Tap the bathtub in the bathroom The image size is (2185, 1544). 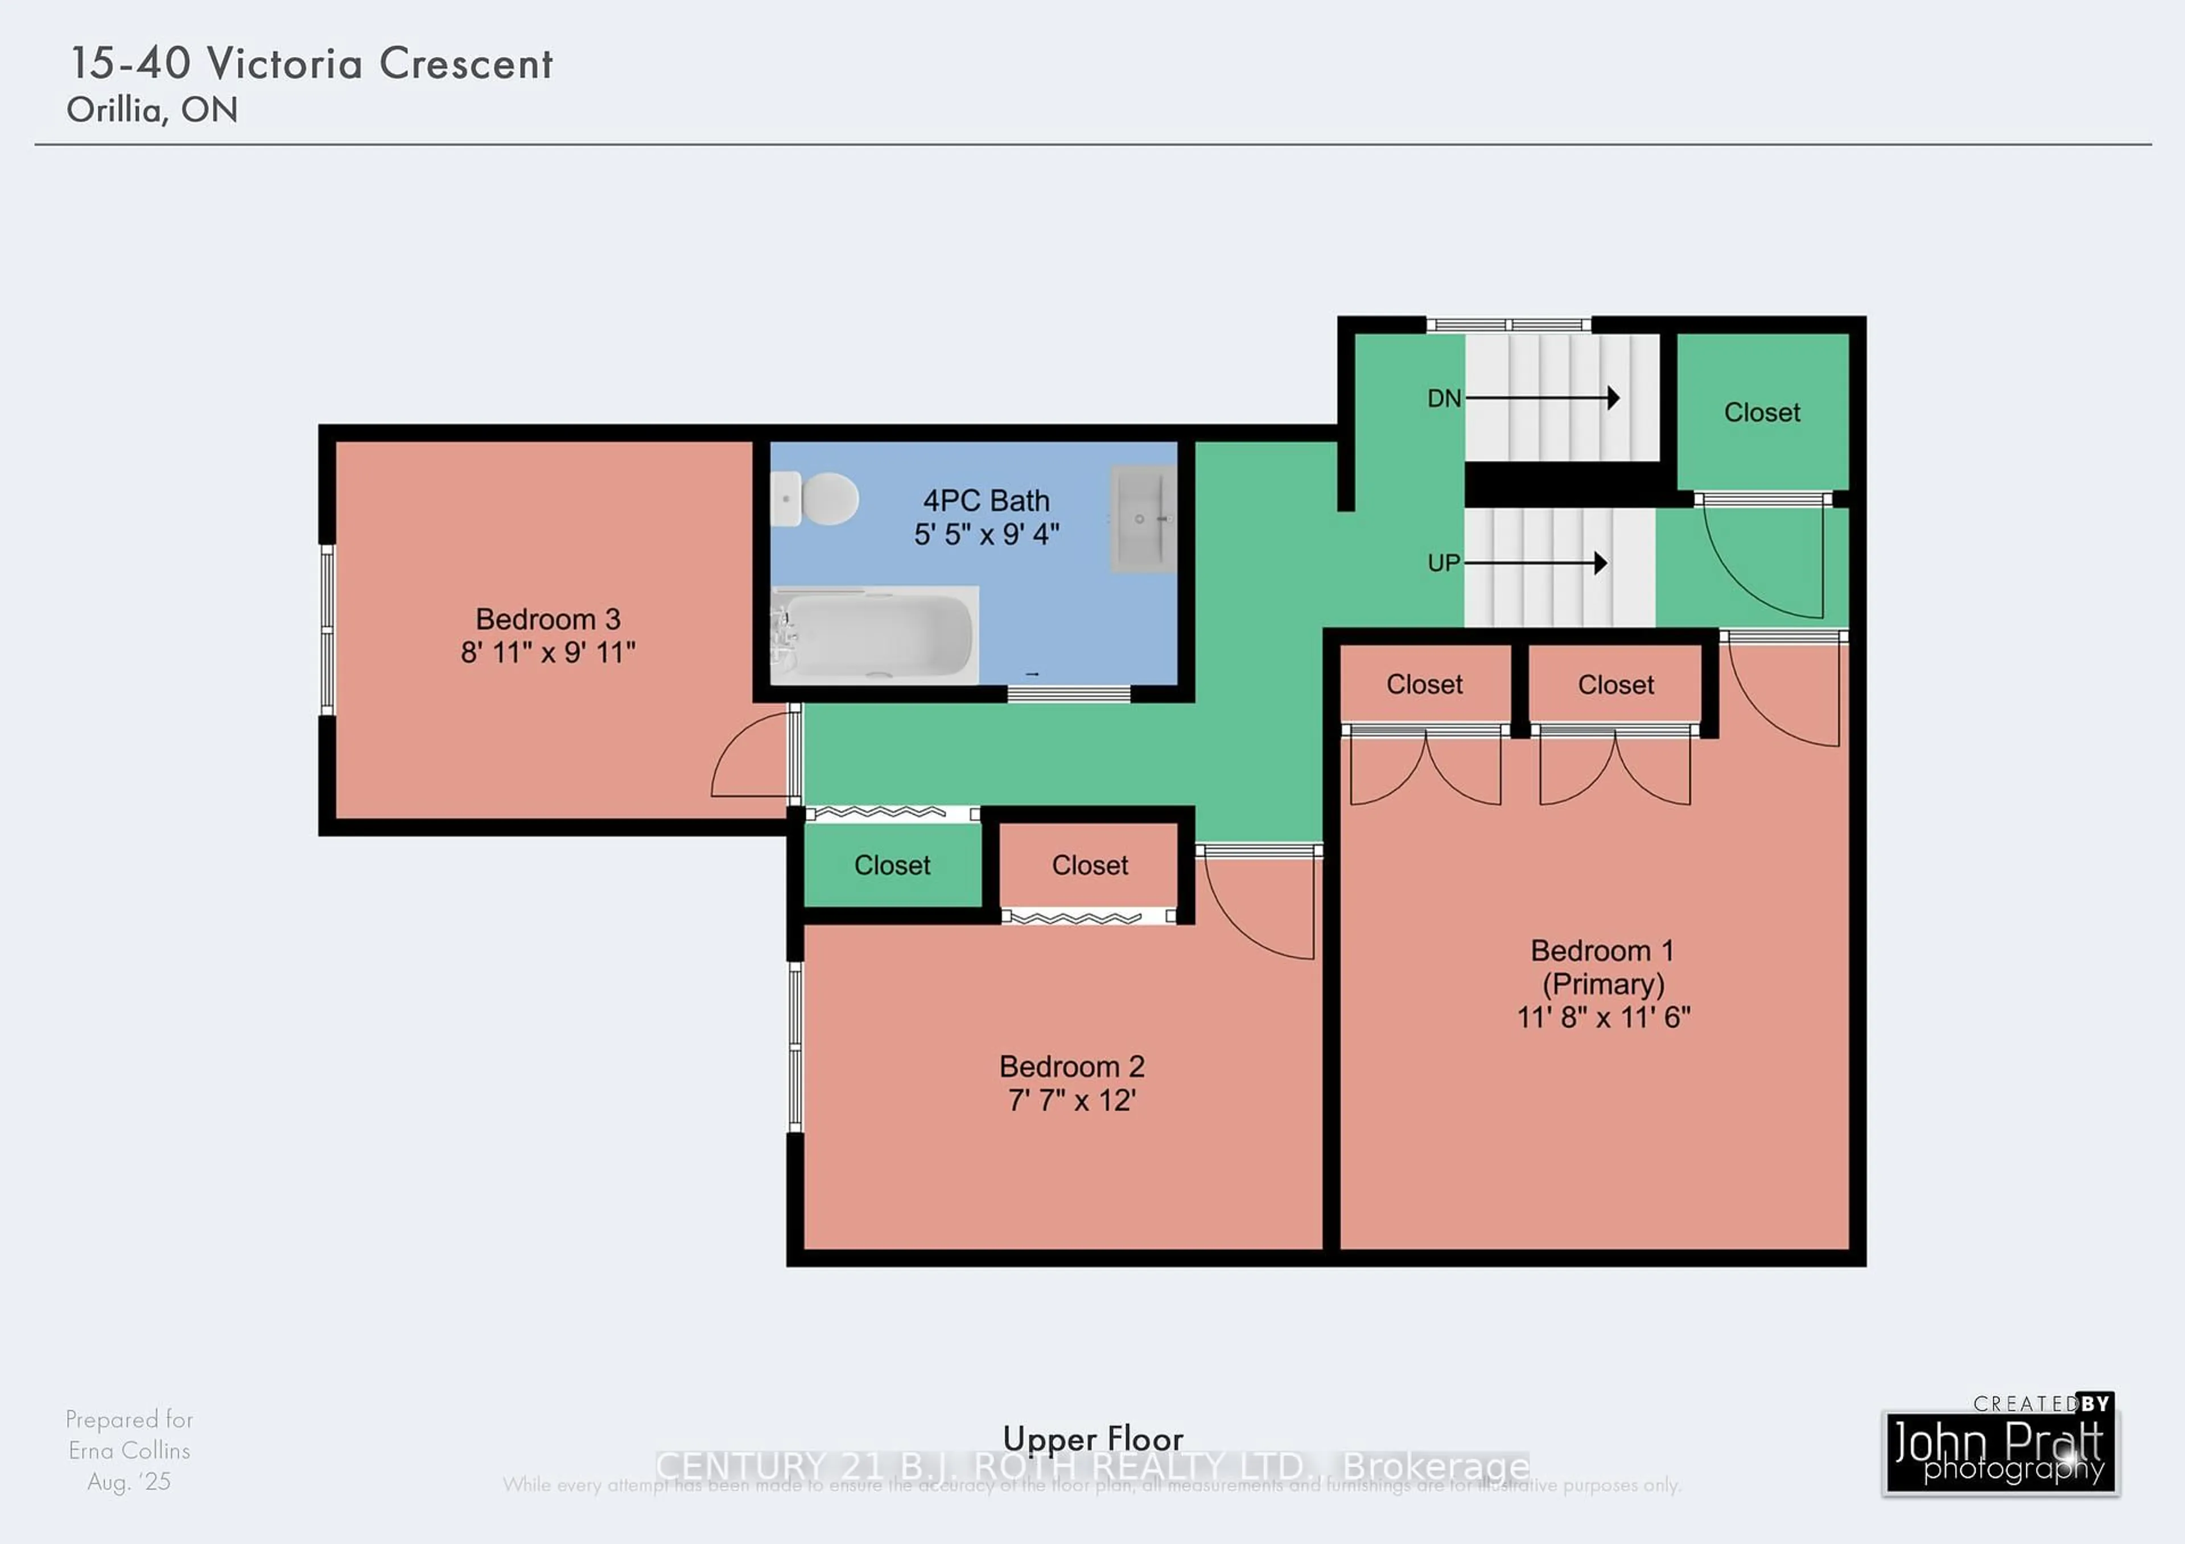(x=876, y=634)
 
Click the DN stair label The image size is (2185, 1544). (x=1444, y=399)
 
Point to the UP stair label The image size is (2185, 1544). (x=1444, y=563)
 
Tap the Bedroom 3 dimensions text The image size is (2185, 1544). (x=548, y=653)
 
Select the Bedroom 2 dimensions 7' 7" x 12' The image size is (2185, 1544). (x=1071, y=1101)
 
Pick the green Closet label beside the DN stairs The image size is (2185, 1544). (x=1762, y=413)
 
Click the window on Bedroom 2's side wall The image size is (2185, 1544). (x=795, y=1046)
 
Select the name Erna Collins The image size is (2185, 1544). (x=129, y=1451)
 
